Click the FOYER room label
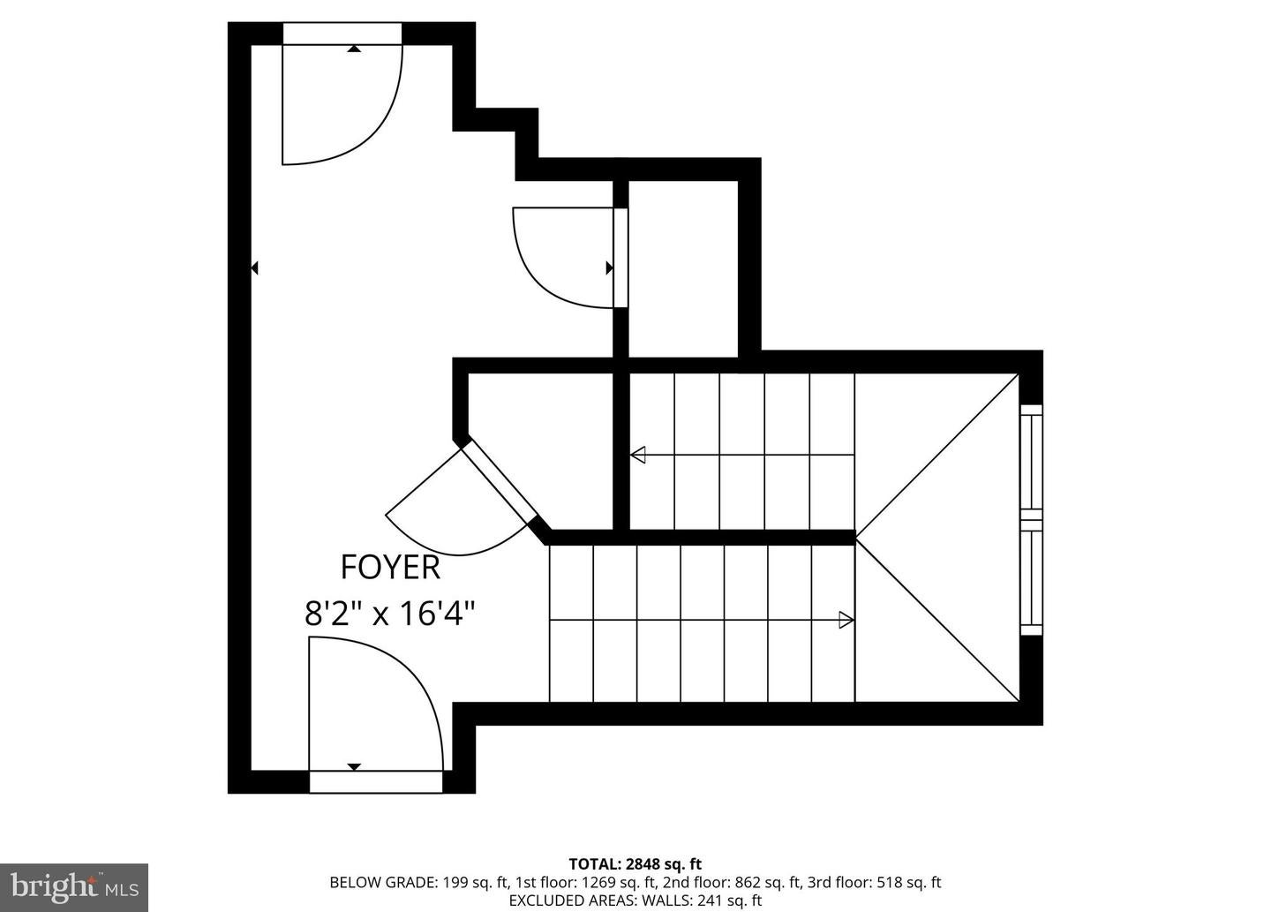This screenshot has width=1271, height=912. [x=390, y=568]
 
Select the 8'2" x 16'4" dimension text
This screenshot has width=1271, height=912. [x=390, y=613]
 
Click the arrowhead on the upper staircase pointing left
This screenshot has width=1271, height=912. [x=638, y=455]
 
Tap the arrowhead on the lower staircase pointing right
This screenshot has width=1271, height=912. [x=846, y=620]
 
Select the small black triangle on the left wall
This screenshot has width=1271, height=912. [x=255, y=268]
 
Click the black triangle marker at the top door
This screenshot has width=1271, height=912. [x=354, y=49]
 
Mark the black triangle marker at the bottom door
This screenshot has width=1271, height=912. [x=355, y=766]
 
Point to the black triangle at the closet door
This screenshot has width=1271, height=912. [x=610, y=268]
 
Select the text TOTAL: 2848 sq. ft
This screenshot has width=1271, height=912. [x=635, y=863]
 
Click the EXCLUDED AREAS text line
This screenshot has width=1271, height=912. [x=635, y=901]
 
